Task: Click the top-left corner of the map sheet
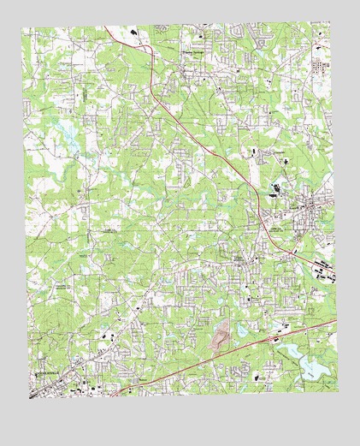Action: [23, 27]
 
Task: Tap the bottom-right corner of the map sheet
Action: [338, 391]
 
